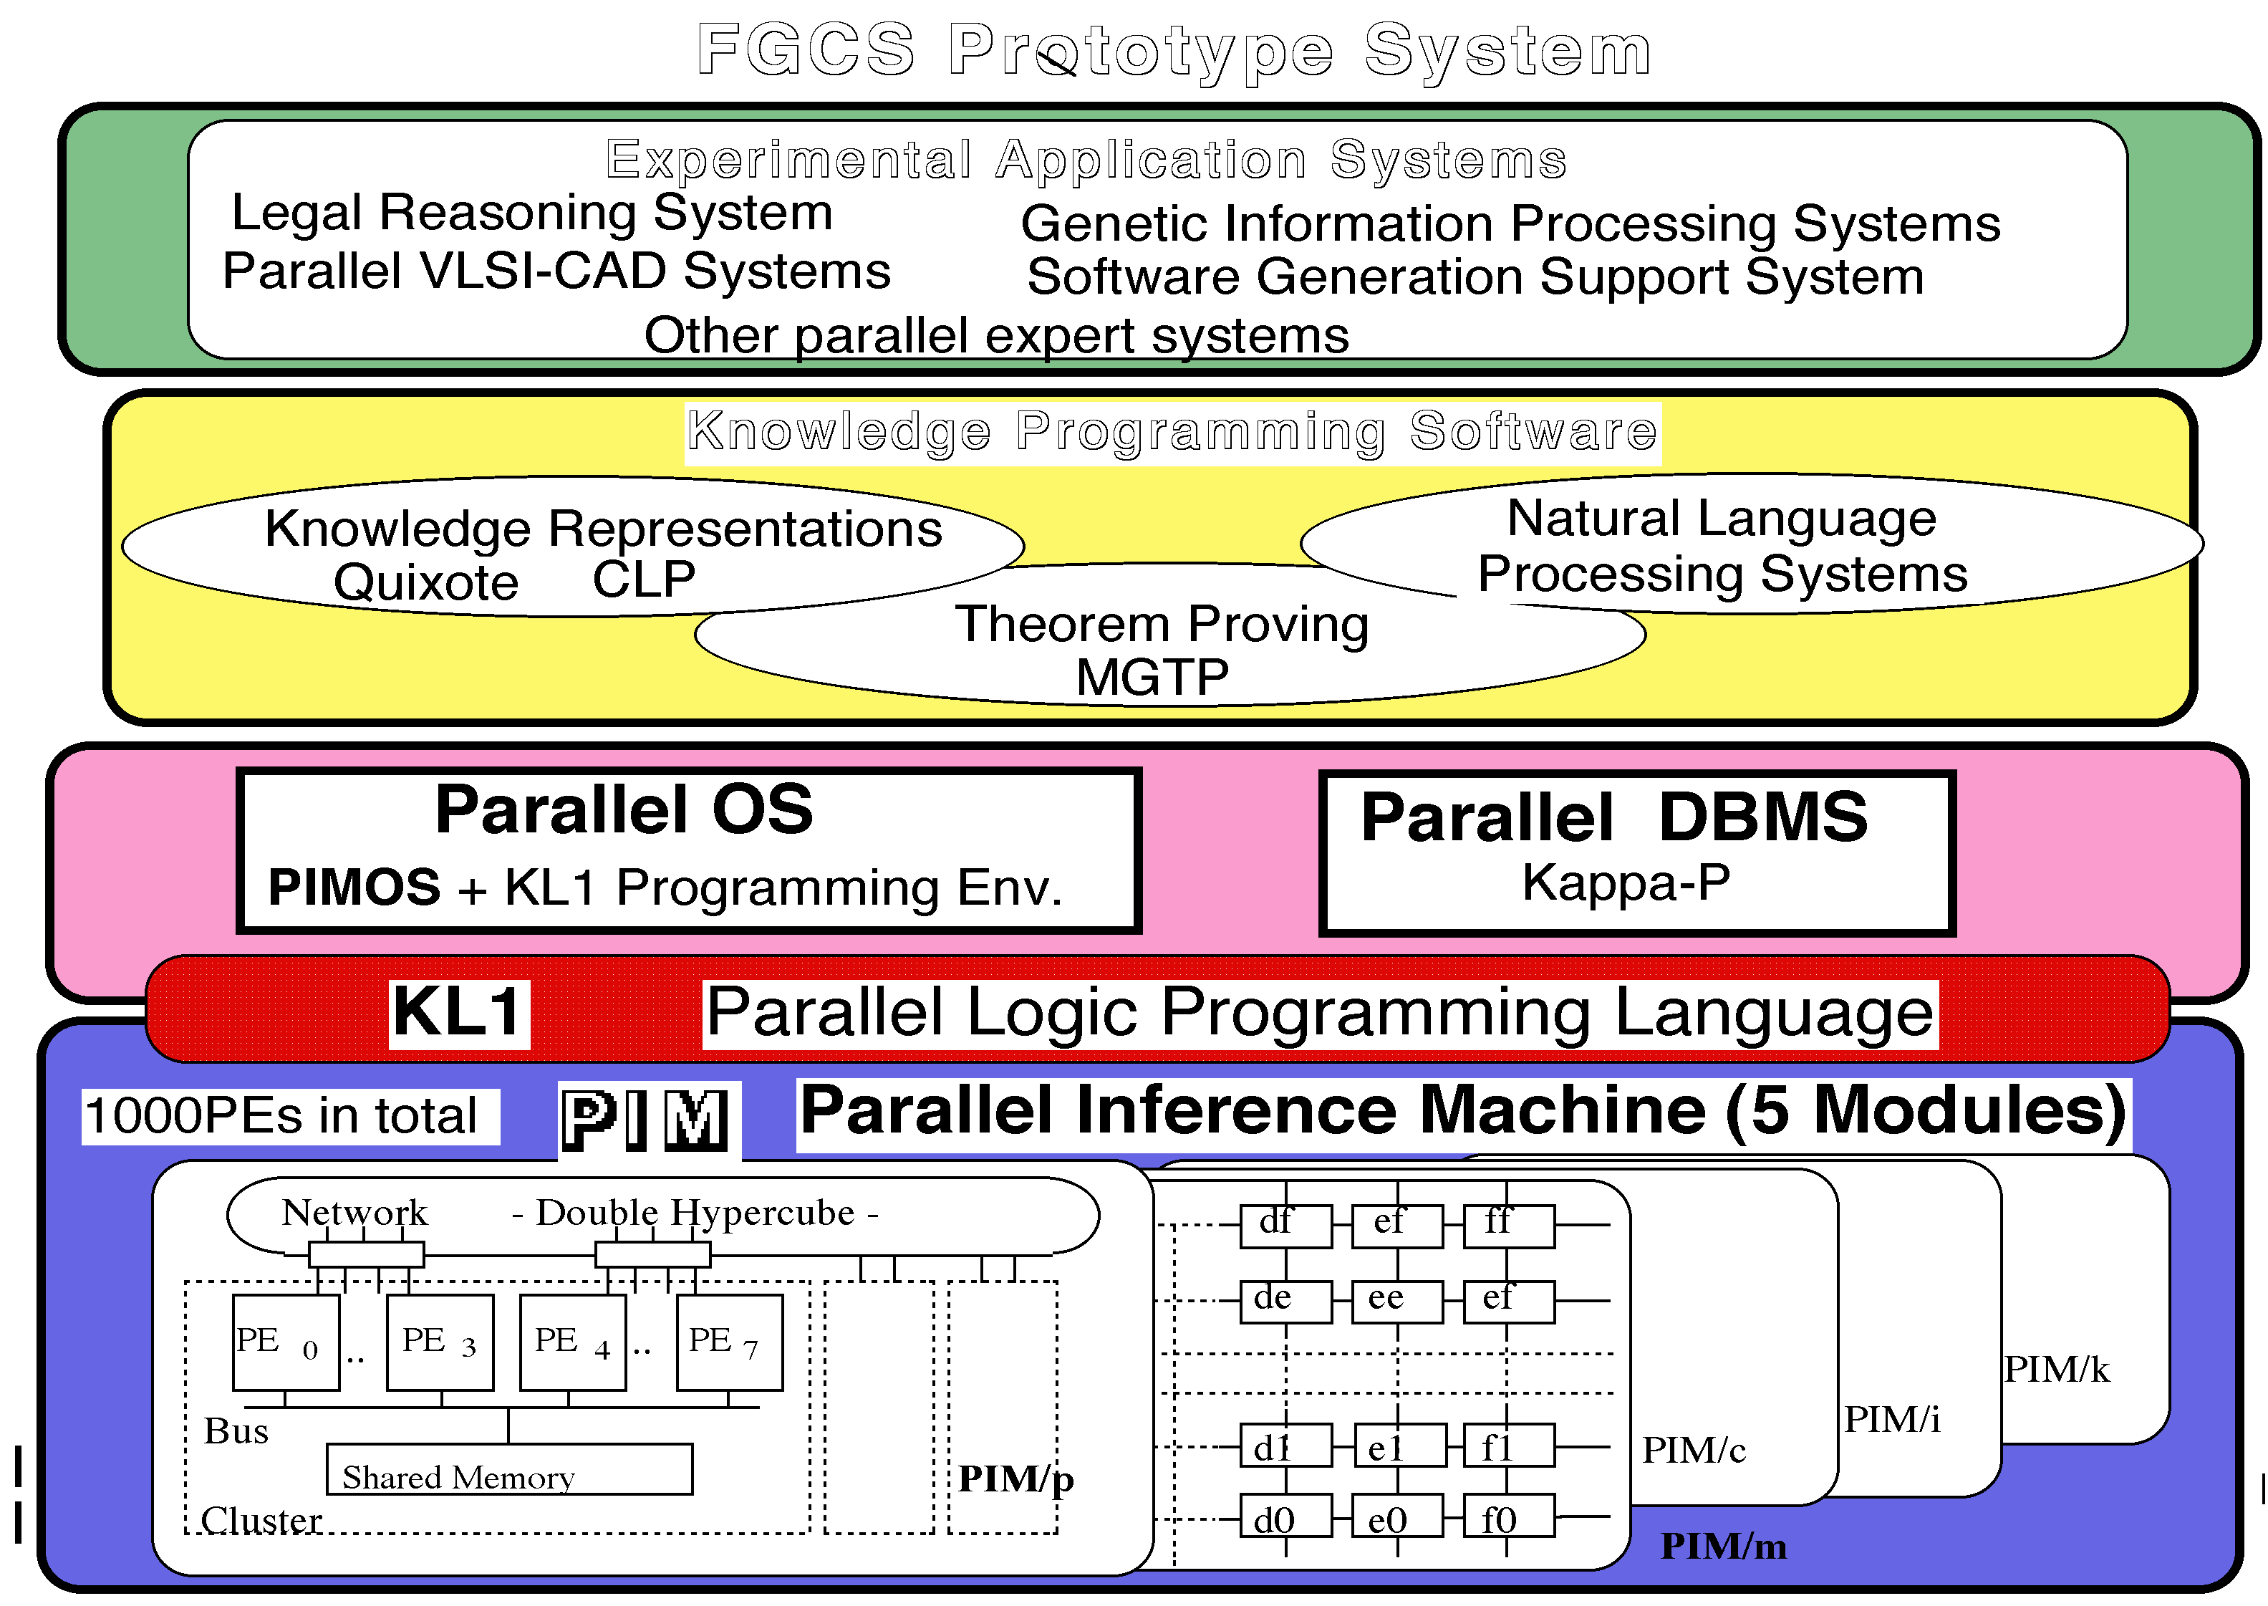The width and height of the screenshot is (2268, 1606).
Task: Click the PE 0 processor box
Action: coord(286,1342)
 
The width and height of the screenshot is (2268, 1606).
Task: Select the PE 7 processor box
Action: coord(730,1342)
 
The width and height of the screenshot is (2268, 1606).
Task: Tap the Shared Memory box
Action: coord(509,1469)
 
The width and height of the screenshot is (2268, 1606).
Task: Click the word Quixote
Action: coord(426,582)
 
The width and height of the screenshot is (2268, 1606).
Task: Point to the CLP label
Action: coord(644,579)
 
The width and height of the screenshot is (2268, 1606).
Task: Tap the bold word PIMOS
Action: coord(354,886)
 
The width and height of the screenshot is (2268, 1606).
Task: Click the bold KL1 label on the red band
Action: coord(459,1013)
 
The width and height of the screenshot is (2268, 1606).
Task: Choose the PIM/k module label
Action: coord(2057,1370)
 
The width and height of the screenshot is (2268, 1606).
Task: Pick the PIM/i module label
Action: coord(1891,1419)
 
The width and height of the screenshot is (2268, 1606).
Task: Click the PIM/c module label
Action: coord(1694,1450)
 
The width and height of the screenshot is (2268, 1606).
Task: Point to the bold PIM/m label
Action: coord(1723,1546)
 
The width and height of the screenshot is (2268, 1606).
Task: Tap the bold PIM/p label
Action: coord(1015,1478)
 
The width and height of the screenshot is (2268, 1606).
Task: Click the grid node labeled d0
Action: coord(1285,1518)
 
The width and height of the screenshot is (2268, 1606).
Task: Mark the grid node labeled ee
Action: coord(1397,1300)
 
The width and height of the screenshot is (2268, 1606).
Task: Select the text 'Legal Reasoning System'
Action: coord(532,213)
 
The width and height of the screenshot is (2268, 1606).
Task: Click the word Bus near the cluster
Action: coord(236,1431)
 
